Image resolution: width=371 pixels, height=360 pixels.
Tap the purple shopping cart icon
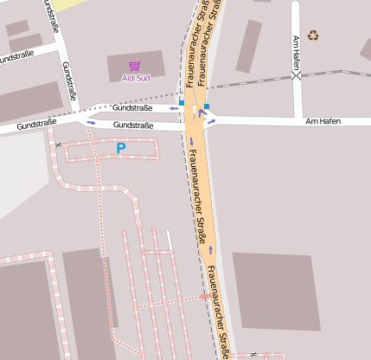tap(134, 66)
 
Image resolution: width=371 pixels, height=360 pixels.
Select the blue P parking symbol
tap(121, 149)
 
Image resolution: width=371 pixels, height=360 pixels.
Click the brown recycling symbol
tap(313, 35)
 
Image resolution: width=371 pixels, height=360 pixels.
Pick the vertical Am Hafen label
tap(297, 53)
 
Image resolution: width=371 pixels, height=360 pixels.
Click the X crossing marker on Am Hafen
tap(297, 75)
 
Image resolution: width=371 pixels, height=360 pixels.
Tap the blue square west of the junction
tap(182, 103)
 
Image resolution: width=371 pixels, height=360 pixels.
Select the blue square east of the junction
tap(207, 106)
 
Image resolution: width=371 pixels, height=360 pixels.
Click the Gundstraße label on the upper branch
tap(132, 108)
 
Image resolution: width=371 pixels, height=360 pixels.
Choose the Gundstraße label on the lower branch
tap(133, 125)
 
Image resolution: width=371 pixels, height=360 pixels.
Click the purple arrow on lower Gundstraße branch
tap(92, 123)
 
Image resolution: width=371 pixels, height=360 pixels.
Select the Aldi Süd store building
tap(134, 69)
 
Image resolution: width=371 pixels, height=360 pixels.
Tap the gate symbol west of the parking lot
tap(58, 145)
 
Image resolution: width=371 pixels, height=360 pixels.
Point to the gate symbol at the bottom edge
tap(253, 354)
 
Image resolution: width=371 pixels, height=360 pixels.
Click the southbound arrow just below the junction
tap(192, 140)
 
